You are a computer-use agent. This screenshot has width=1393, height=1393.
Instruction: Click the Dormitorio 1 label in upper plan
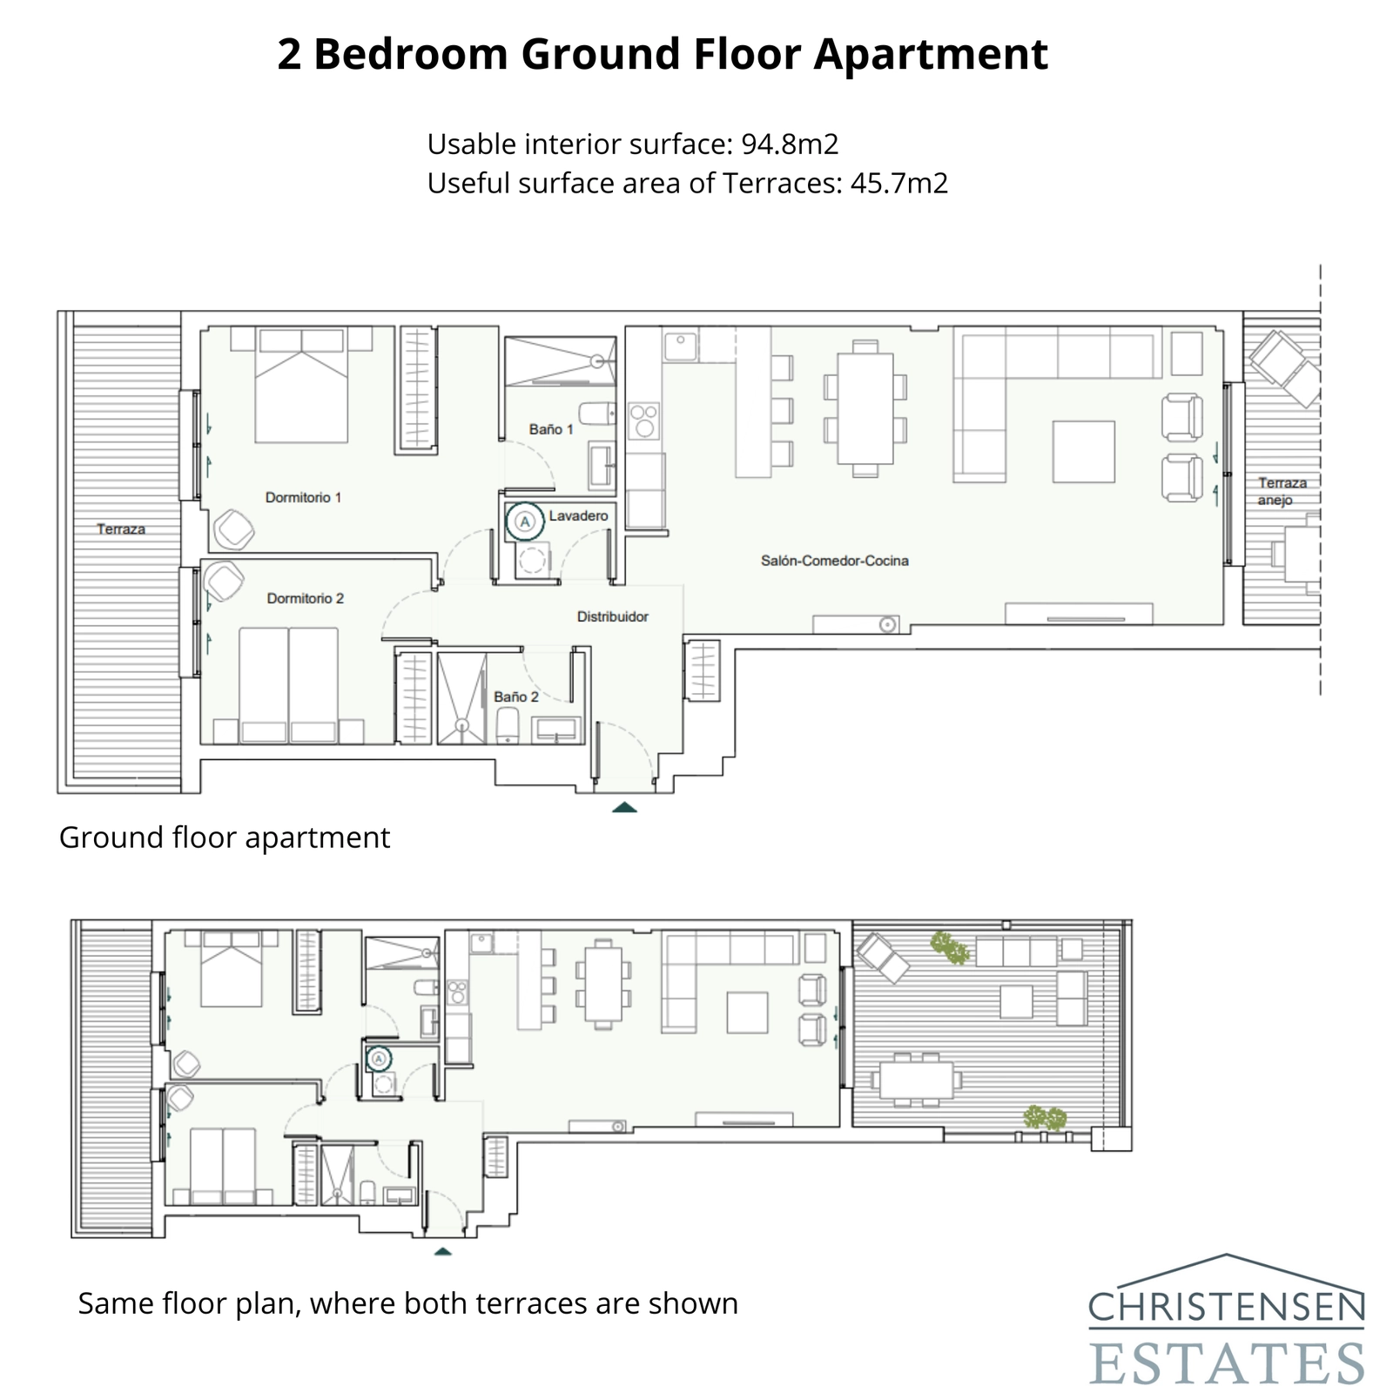tap(303, 497)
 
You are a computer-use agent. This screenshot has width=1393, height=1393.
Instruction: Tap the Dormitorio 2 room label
tap(305, 598)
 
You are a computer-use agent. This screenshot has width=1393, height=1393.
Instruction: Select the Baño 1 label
tap(551, 429)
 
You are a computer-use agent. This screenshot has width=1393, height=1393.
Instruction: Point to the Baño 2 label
tap(515, 696)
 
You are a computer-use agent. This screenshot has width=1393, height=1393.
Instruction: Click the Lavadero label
tap(578, 516)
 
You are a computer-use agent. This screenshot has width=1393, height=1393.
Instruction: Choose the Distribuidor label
tap(612, 616)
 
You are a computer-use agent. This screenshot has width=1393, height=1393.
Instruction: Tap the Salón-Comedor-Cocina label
tap(834, 561)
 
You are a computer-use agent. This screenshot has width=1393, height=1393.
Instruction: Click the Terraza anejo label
tap(1281, 491)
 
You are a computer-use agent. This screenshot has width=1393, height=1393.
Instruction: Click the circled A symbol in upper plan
tap(524, 522)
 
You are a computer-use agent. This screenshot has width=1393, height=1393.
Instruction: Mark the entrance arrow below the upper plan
tap(624, 808)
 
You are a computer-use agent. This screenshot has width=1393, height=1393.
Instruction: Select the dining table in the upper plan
tap(865, 408)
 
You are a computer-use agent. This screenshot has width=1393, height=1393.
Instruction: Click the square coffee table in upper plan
tap(1083, 451)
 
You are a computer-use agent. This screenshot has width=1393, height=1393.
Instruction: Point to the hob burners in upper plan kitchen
tap(644, 421)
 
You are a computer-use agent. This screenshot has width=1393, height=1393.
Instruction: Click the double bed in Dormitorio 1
tap(301, 386)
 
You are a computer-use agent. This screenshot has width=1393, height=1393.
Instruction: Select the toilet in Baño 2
tap(508, 725)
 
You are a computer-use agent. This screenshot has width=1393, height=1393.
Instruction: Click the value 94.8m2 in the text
tap(789, 144)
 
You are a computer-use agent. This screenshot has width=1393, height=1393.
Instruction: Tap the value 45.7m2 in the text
tap(898, 183)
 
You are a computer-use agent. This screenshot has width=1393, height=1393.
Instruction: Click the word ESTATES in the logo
tap(1226, 1363)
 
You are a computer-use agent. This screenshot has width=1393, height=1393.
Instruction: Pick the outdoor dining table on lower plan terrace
tap(916, 1080)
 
